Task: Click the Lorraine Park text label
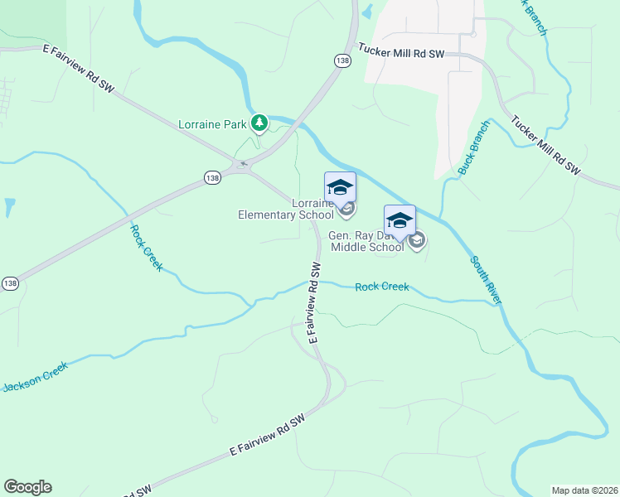coord(213,125)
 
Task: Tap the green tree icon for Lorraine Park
coord(259,123)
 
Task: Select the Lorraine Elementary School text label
coord(286,210)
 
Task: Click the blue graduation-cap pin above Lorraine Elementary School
coord(340,186)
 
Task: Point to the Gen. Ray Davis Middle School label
coord(367,241)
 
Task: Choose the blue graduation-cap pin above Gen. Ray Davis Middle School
coord(400,220)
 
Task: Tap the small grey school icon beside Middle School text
coord(417,241)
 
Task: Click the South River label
coord(486,280)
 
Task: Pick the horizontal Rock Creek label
coord(381,287)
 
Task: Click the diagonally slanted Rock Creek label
coord(146,248)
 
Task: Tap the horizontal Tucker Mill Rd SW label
coord(401,52)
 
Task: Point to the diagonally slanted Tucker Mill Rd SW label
coord(545,145)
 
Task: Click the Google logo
coord(27,487)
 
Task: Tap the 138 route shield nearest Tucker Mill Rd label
coord(342,60)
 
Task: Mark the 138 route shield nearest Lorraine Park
coord(211,177)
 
